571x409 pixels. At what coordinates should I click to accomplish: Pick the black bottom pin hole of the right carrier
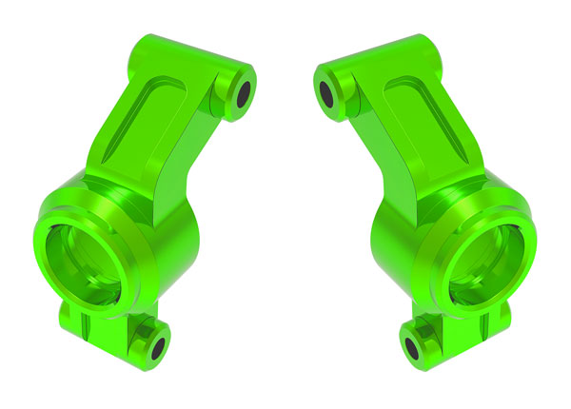412,342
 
